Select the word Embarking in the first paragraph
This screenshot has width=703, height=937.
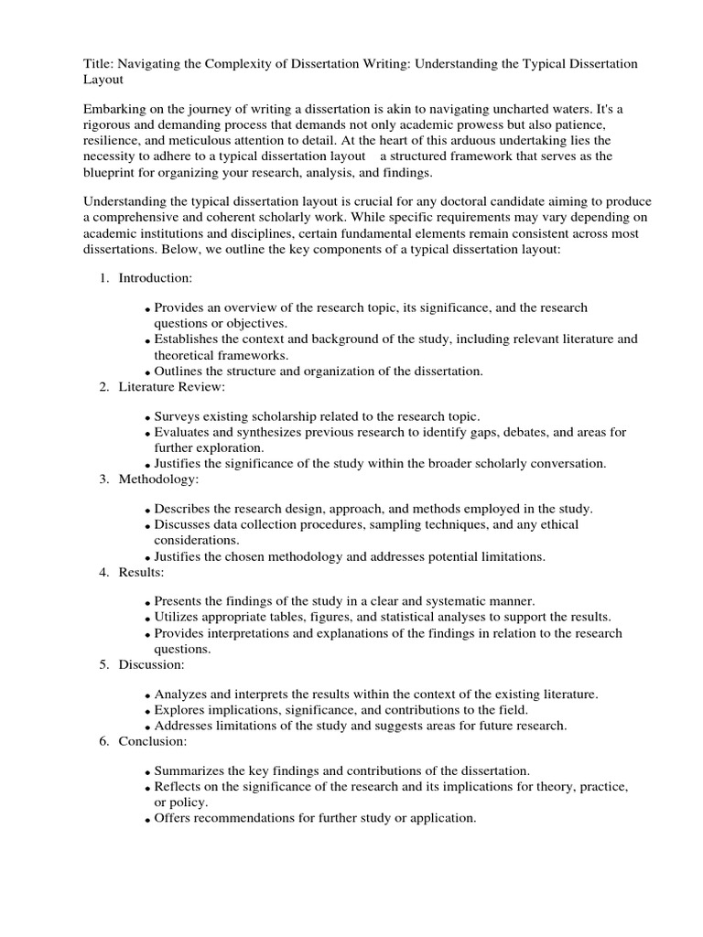click(115, 107)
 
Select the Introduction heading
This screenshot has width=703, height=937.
click(156, 277)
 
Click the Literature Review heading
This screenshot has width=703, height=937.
click(171, 387)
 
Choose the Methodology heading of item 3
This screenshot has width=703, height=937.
click(158, 479)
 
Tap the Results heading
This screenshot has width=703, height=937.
click(141, 572)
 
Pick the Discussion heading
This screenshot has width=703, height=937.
click(152, 664)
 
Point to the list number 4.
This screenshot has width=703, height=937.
click(103, 572)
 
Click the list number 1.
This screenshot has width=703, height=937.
click(103, 277)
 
